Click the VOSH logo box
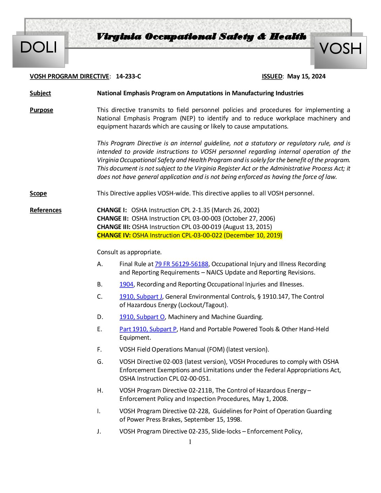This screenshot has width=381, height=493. [x=340, y=51]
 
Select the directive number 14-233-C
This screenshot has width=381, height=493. [x=128, y=76]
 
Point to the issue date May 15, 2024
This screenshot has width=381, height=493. [x=306, y=76]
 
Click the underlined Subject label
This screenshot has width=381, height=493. [x=40, y=93]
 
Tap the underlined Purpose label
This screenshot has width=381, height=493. [x=41, y=110]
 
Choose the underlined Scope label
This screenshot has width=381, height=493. [x=38, y=193]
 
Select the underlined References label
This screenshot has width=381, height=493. [x=46, y=210]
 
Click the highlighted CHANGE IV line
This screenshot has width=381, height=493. [x=189, y=235]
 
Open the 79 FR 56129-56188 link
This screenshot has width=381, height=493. [x=181, y=264]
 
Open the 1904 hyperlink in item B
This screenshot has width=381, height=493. [x=126, y=284]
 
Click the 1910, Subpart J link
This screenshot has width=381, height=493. [x=141, y=297]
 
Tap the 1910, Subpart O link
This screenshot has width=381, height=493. [x=142, y=317]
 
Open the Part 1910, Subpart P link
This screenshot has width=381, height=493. [x=148, y=329]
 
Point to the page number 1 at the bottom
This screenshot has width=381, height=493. [x=190, y=442]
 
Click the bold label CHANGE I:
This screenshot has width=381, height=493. [x=112, y=210]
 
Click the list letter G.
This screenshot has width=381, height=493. [x=100, y=362]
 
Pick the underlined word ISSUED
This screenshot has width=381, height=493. [x=272, y=76]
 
